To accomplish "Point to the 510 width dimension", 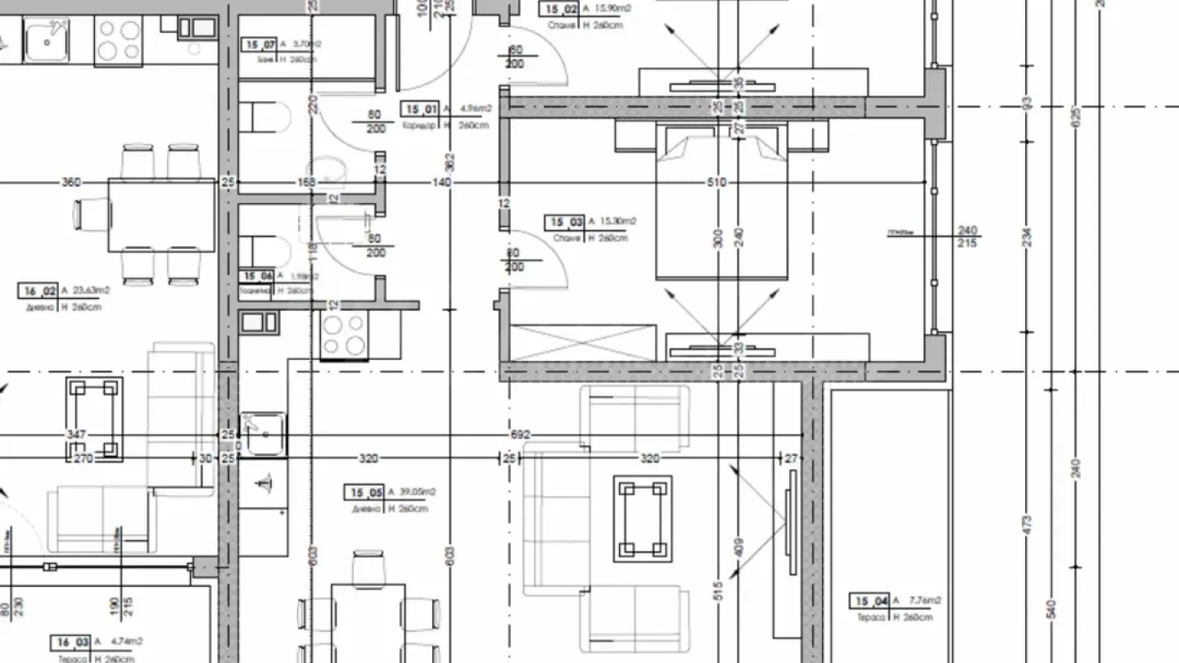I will [716, 183].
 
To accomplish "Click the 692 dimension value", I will [521, 435].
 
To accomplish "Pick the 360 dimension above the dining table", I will [71, 183].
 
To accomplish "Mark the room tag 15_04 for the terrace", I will [870, 602].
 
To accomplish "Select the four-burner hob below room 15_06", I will [344, 335].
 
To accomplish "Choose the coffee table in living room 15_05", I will [643, 519].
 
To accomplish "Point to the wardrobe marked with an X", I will [583, 342].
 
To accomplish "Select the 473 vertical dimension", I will [1027, 524].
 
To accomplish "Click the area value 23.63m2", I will [92, 290].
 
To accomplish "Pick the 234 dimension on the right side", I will [1027, 237].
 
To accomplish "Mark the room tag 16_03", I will [71, 642].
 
